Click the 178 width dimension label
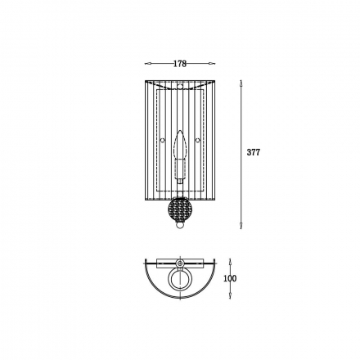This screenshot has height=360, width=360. pos(180,64)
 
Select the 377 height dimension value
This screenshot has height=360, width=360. pos(254,152)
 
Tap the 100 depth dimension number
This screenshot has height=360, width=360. pos(230,278)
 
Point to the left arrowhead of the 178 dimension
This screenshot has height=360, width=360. pos(147,64)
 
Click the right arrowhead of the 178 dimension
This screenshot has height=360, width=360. pos(212,64)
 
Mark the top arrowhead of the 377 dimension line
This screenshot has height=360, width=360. pos(241,83)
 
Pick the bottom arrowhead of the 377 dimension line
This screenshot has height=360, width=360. pos(241,225)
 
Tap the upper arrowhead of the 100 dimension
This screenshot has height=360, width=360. pos(231,262)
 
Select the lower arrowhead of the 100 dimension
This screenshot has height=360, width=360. pos(231,296)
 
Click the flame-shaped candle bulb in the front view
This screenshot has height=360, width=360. pos(180,145)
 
